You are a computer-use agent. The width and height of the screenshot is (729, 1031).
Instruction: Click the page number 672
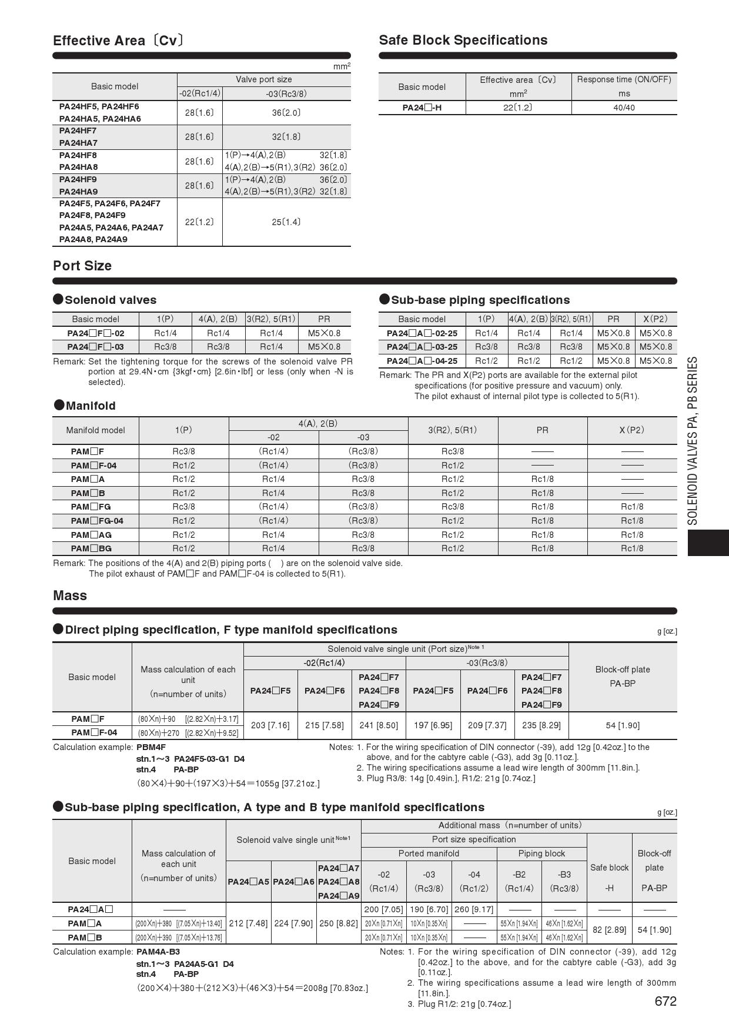click(665, 1002)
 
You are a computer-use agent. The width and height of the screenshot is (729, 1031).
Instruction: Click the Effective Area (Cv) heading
click(118, 41)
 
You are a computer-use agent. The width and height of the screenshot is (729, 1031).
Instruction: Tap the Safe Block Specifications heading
click(463, 40)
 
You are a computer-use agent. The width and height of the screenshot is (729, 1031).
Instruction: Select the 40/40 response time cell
click(624, 108)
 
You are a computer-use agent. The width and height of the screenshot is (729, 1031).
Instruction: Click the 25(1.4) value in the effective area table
click(286, 222)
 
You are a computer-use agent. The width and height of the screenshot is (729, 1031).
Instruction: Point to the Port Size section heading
click(82, 266)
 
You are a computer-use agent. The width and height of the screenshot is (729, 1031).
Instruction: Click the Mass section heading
click(70, 595)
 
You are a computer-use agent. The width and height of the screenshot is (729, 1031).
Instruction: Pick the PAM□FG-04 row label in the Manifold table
click(97, 521)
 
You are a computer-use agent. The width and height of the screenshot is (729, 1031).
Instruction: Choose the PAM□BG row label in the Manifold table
click(91, 548)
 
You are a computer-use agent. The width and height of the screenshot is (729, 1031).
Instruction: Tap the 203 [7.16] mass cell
click(270, 725)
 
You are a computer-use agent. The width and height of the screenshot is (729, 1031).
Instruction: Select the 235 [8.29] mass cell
click(541, 725)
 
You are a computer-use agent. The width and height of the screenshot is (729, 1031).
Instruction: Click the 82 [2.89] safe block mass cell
click(610, 930)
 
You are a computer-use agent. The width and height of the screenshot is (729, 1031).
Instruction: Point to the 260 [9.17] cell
click(474, 909)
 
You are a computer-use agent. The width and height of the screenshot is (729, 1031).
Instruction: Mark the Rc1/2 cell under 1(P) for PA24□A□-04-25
click(486, 361)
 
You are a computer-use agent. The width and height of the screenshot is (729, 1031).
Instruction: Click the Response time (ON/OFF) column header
click(624, 79)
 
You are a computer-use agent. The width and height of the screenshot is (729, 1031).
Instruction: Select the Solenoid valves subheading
click(111, 300)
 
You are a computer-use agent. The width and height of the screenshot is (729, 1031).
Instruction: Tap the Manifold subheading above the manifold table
click(91, 406)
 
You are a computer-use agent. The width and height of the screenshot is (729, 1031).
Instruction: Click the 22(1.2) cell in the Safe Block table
click(518, 108)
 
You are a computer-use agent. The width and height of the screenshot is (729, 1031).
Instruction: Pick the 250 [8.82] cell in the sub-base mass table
click(339, 923)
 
